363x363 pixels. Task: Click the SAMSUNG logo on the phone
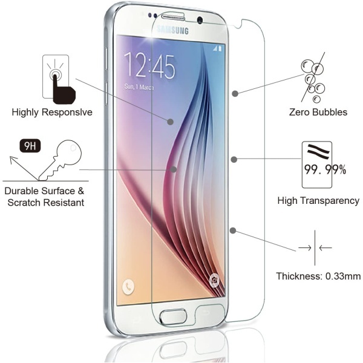click(x=172, y=30)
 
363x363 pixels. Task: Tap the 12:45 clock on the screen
click(x=149, y=66)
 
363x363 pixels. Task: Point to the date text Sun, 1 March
click(x=139, y=87)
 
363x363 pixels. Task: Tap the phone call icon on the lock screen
click(x=128, y=287)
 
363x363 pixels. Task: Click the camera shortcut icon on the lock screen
click(x=214, y=280)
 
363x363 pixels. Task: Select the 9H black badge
click(x=30, y=146)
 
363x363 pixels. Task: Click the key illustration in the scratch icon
click(x=60, y=160)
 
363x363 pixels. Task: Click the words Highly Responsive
click(x=52, y=113)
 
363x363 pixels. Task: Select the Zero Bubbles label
click(x=318, y=113)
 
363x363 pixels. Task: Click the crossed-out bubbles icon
click(x=313, y=77)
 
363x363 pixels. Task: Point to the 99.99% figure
click(x=325, y=169)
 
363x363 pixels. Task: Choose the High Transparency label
click(x=318, y=200)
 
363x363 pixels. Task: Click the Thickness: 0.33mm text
click(x=318, y=276)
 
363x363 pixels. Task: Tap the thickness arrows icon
click(x=315, y=248)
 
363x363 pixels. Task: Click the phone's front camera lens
click(x=200, y=20)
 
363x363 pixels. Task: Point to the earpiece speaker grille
click(x=173, y=18)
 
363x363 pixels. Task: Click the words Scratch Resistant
click(x=46, y=203)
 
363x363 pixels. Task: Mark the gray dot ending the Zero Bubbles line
click(x=235, y=94)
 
